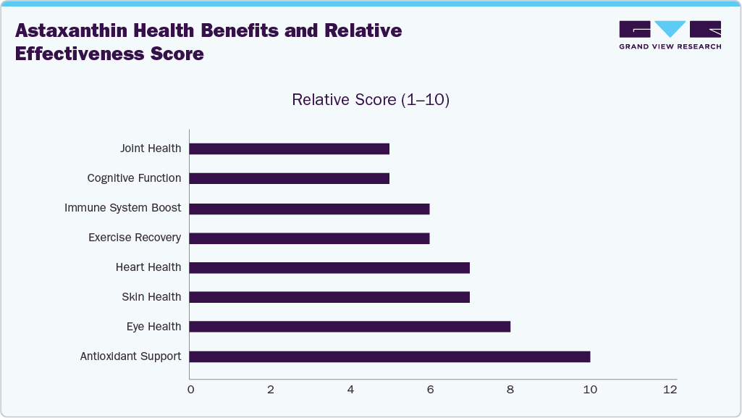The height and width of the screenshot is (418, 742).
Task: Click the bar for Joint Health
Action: [x=290, y=149]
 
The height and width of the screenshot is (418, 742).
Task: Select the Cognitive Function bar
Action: [x=290, y=178]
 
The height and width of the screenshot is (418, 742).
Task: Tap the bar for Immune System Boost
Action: [x=310, y=209]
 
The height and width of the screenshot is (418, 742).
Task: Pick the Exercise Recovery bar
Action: [x=310, y=238]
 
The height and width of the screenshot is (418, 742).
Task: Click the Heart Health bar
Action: [x=329, y=268]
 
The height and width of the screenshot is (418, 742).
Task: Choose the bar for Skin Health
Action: [x=329, y=297]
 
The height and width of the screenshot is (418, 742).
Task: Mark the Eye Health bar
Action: [x=350, y=327]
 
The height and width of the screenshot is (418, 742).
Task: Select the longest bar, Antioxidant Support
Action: [x=389, y=356]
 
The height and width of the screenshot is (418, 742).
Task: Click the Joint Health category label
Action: [x=151, y=149]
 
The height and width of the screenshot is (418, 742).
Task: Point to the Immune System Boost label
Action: [x=122, y=208]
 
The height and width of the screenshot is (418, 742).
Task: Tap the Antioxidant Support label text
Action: [x=130, y=356]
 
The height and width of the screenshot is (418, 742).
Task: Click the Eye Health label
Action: [x=153, y=327]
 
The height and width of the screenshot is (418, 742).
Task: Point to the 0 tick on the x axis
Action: [x=190, y=390]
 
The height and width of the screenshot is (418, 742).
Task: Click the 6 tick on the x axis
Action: [x=430, y=390]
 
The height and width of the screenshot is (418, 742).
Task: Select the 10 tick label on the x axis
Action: [x=590, y=390]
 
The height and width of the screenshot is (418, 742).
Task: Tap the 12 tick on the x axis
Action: [x=670, y=390]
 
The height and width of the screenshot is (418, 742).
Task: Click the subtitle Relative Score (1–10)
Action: [x=371, y=100]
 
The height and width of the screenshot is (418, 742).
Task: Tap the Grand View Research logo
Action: [x=670, y=35]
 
